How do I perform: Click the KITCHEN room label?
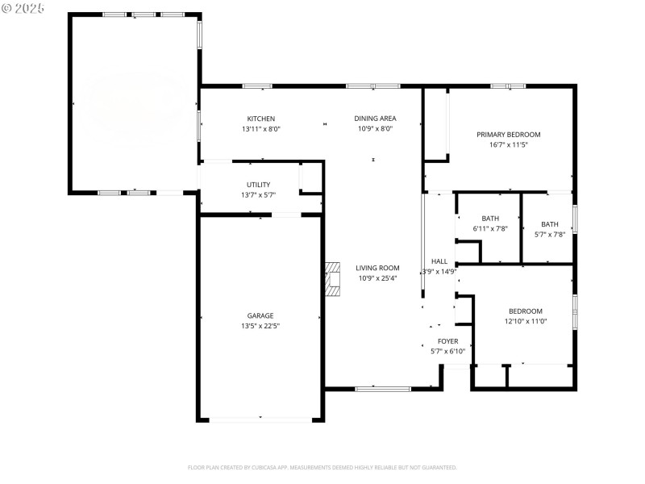(260, 119)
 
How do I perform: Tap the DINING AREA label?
(375, 119)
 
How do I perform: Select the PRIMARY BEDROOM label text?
(508, 135)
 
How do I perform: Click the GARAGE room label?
(260, 315)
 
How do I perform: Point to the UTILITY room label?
(258, 185)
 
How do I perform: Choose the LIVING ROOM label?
(378, 269)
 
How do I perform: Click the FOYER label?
(447, 341)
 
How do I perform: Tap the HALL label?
(439, 261)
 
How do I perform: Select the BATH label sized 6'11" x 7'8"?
(490, 219)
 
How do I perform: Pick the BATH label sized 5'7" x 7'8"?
(549, 224)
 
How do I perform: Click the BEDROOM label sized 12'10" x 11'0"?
(525, 311)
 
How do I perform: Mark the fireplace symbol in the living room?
(332, 280)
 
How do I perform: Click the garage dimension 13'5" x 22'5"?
(260, 326)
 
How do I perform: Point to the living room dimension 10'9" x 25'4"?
(378, 279)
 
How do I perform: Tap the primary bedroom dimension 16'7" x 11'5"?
(508, 145)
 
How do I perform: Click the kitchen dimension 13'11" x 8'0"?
(260, 129)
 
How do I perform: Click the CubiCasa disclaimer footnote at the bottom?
(322, 467)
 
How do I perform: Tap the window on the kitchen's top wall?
(257, 86)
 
